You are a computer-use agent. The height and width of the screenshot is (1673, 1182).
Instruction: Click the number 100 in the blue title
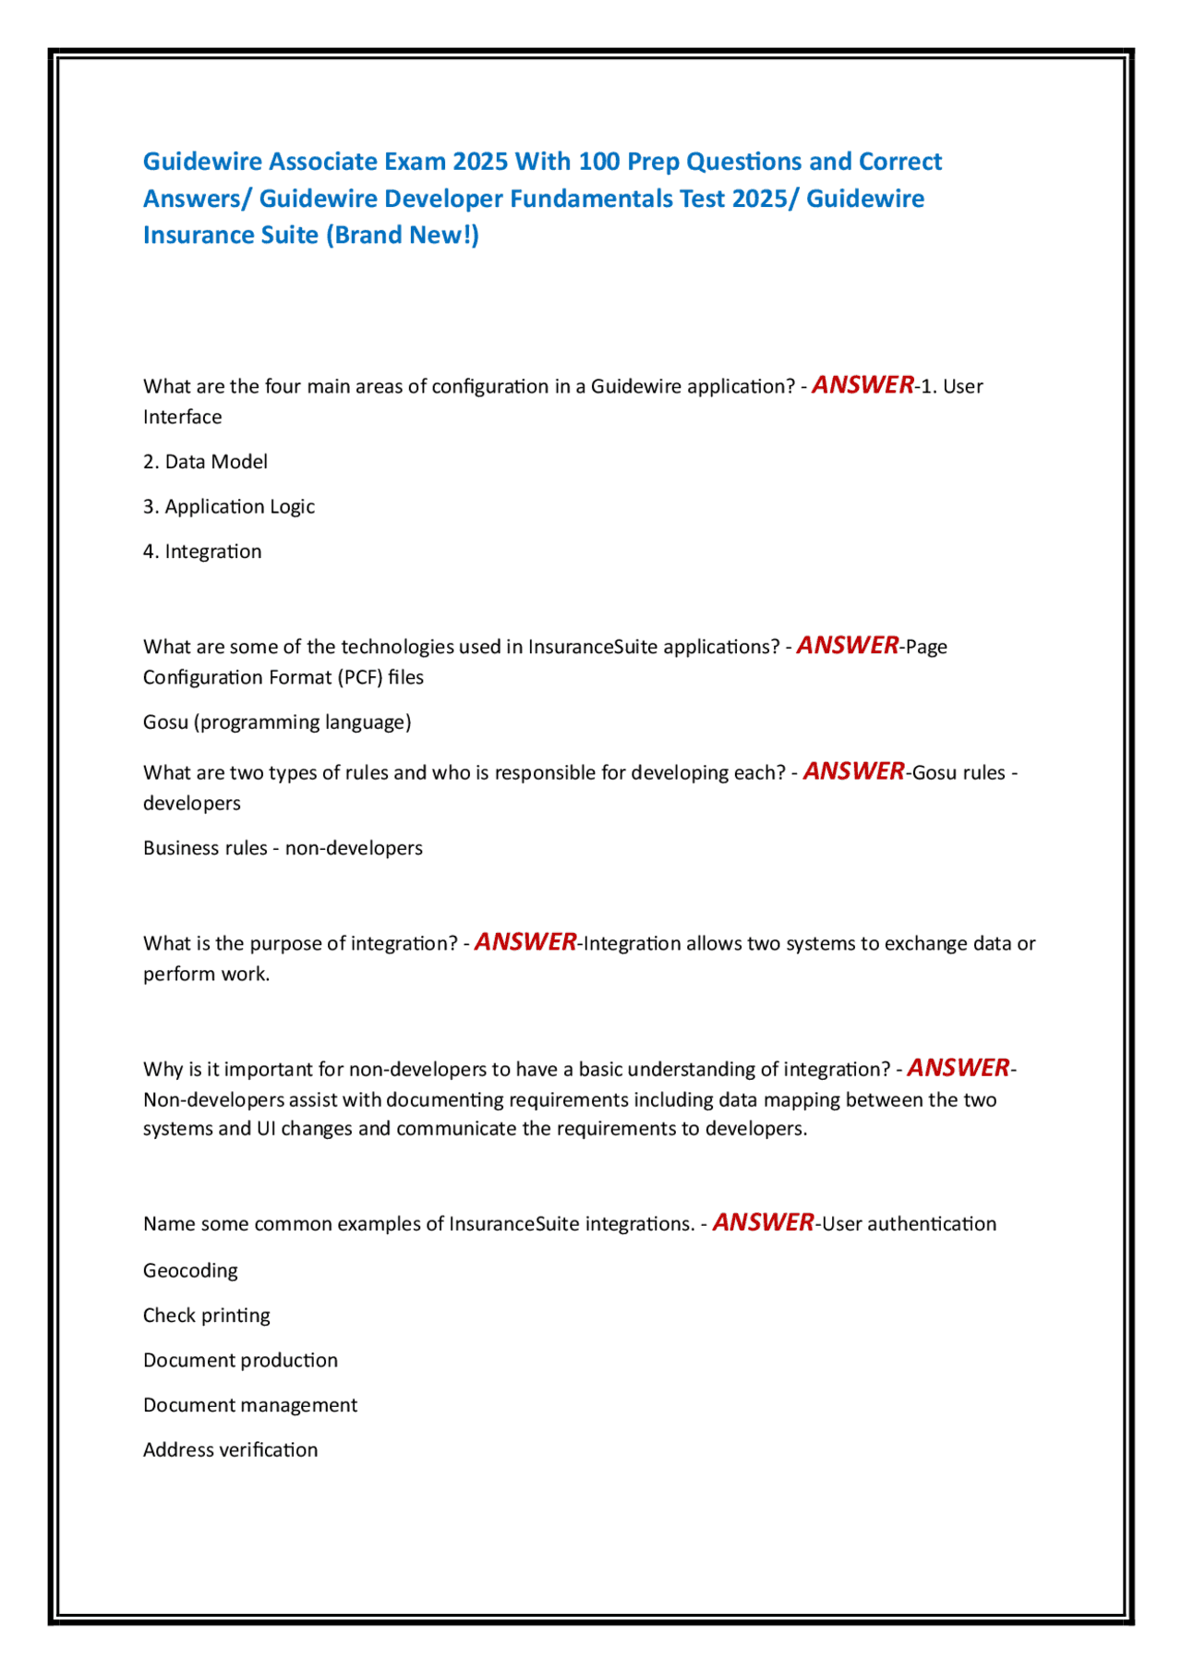(x=598, y=162)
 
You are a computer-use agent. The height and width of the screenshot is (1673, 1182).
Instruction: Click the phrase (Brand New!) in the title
(x=403, y=236)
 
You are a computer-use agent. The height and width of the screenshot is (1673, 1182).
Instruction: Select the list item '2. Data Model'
(x=205, y=462)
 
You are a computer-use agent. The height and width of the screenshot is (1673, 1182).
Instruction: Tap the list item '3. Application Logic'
(x=229, y=507)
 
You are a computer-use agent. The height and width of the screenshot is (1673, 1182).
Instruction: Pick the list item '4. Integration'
(x=202, y=552)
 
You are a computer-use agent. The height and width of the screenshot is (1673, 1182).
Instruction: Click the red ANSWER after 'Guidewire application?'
(x=862, y=385)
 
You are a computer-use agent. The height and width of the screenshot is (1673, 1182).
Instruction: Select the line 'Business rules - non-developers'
(x=283, y=848)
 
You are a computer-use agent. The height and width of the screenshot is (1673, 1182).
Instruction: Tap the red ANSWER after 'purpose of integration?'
(x=525, y=942)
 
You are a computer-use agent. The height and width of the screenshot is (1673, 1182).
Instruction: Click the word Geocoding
(x=190, y=1271)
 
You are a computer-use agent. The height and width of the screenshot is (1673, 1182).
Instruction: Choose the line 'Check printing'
(x=207, y=1315)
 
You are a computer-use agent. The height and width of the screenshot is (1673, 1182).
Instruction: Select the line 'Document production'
(x=240, y=1361)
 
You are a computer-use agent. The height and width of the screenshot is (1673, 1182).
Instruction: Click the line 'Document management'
(x=250, y=1405)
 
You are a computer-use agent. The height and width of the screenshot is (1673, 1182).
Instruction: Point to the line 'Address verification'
(x=230, y=1450)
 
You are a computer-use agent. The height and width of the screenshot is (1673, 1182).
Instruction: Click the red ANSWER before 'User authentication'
(x=763, y=1223)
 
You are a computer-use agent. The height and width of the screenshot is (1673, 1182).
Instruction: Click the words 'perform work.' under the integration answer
(x=207, y=975)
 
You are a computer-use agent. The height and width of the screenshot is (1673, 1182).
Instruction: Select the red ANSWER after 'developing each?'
(x=853, y=771)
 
